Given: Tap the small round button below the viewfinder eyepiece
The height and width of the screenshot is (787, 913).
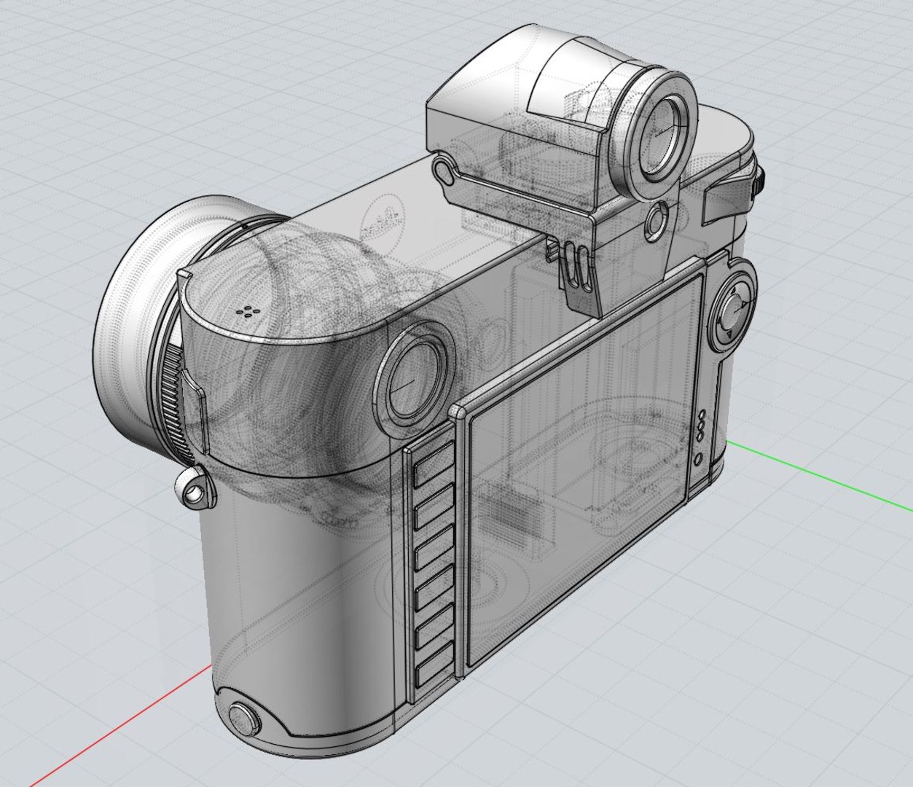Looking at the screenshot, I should (x=657, y=221).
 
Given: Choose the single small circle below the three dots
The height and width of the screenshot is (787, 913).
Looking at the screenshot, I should (x=698, y=460).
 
